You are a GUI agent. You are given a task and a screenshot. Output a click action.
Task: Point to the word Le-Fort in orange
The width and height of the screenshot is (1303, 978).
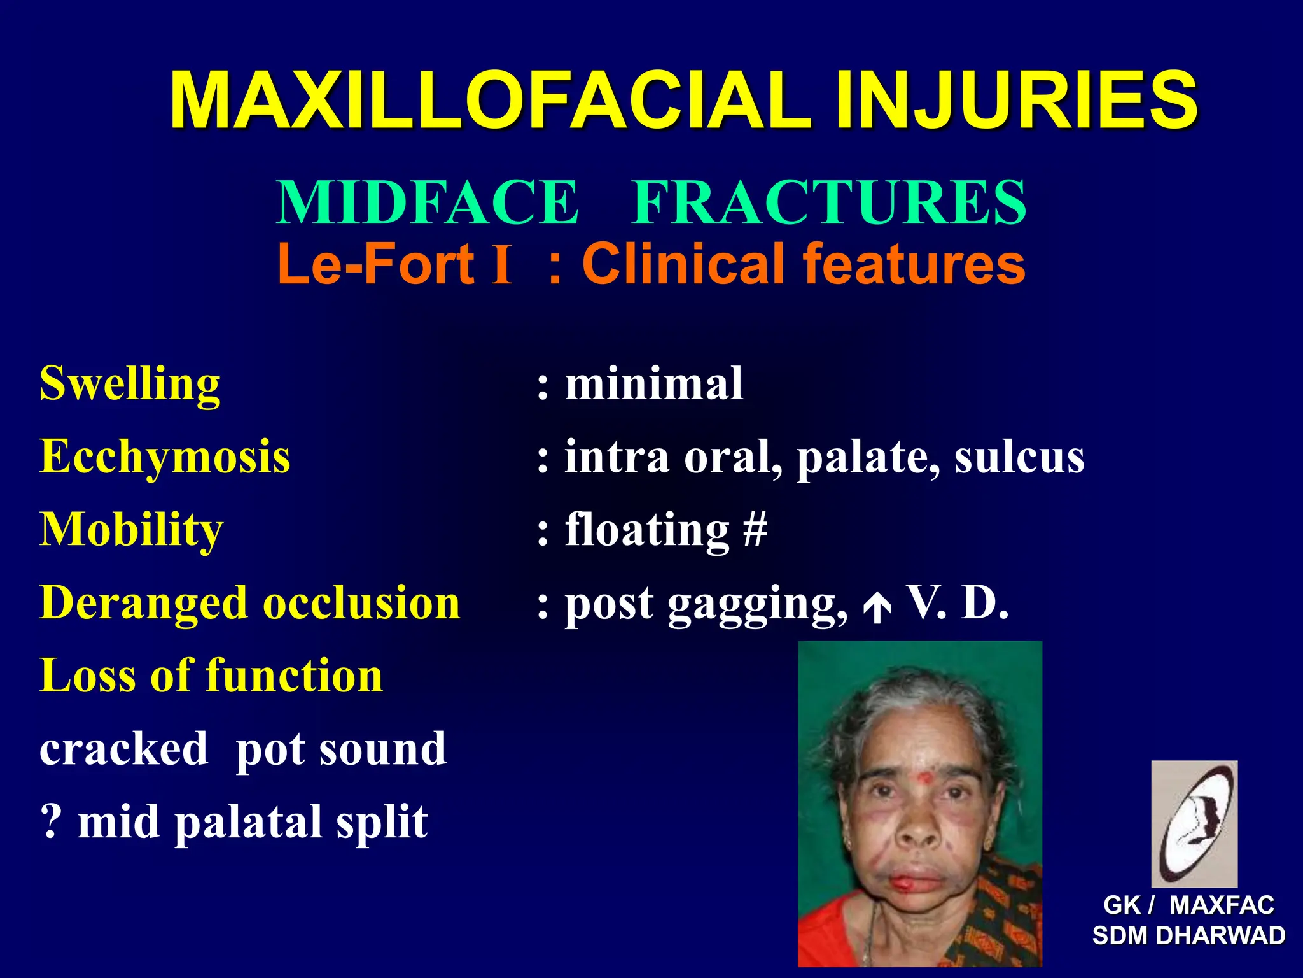(x=375, y=264)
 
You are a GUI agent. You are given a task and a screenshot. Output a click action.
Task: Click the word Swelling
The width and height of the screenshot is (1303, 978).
(x=130, y=384)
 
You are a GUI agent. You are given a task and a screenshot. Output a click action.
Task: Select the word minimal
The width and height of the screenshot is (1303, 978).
(x=654, y=384)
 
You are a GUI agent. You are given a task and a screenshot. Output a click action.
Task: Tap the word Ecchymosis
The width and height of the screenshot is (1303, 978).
(x=165, y=457)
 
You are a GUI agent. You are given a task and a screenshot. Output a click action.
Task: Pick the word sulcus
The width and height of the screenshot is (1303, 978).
(x=1019, y=457)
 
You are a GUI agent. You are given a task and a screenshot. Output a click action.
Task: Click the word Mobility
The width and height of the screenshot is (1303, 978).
(x=131, y=530)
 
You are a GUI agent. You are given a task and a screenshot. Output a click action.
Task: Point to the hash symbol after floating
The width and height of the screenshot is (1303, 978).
(x=755, y=530)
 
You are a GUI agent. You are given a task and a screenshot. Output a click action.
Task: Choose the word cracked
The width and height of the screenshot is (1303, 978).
(x=123, y=749)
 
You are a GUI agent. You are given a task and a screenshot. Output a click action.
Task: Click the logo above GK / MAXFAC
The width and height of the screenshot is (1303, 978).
(x=1194, y=823)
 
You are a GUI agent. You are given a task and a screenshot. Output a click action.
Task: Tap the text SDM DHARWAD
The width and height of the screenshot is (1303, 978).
(x=1188, y=935)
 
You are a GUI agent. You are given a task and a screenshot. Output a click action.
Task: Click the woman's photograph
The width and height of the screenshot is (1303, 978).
(x=919, y=804)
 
